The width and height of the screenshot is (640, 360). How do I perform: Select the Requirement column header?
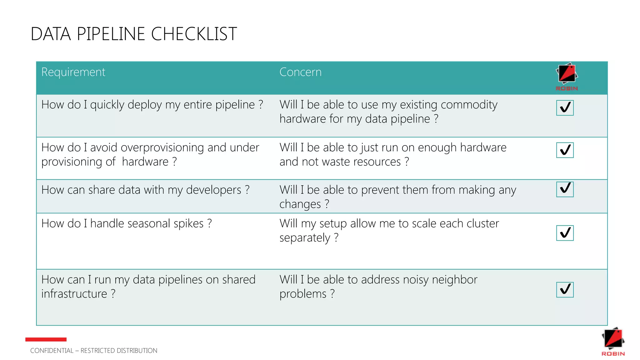click(73, 72)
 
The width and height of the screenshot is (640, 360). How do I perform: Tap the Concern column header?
click(300, 72)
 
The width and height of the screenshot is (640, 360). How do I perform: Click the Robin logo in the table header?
click(567, 77)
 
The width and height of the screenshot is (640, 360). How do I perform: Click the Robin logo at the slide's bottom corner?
click(613, 342)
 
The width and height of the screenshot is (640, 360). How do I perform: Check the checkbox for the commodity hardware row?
click(565, 108)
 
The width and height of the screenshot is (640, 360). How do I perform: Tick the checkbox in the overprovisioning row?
click(565, 150)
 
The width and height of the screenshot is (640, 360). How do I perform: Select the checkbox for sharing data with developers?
click(565, 189)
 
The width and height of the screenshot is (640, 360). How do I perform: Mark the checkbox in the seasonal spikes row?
click(565, 233)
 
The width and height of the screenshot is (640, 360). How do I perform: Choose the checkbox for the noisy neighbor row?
click(565, 289)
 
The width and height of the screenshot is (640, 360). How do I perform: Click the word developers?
click(214, 190)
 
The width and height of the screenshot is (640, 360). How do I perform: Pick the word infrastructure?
click(74, 294)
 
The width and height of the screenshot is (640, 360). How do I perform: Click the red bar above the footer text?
click(46, 339)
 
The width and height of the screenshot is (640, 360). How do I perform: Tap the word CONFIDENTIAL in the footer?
click(52, 351)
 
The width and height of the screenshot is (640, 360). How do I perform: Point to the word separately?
click(305, 238)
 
